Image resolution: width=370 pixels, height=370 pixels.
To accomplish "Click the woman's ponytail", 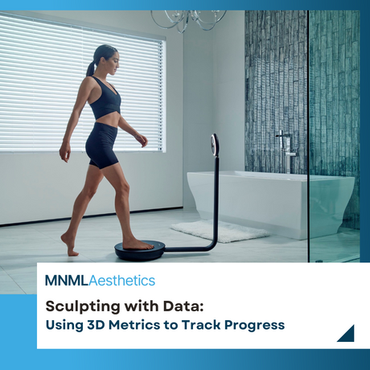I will click(x=91, y=68).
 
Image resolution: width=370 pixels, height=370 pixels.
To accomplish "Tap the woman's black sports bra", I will click(x=106, y=101).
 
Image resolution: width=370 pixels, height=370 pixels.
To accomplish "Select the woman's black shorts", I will click(x=103, y=146).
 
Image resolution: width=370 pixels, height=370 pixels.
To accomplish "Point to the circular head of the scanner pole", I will click(x=214, y=145).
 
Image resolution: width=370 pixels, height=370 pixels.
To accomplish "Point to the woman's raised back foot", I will click(x=69, y=245).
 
